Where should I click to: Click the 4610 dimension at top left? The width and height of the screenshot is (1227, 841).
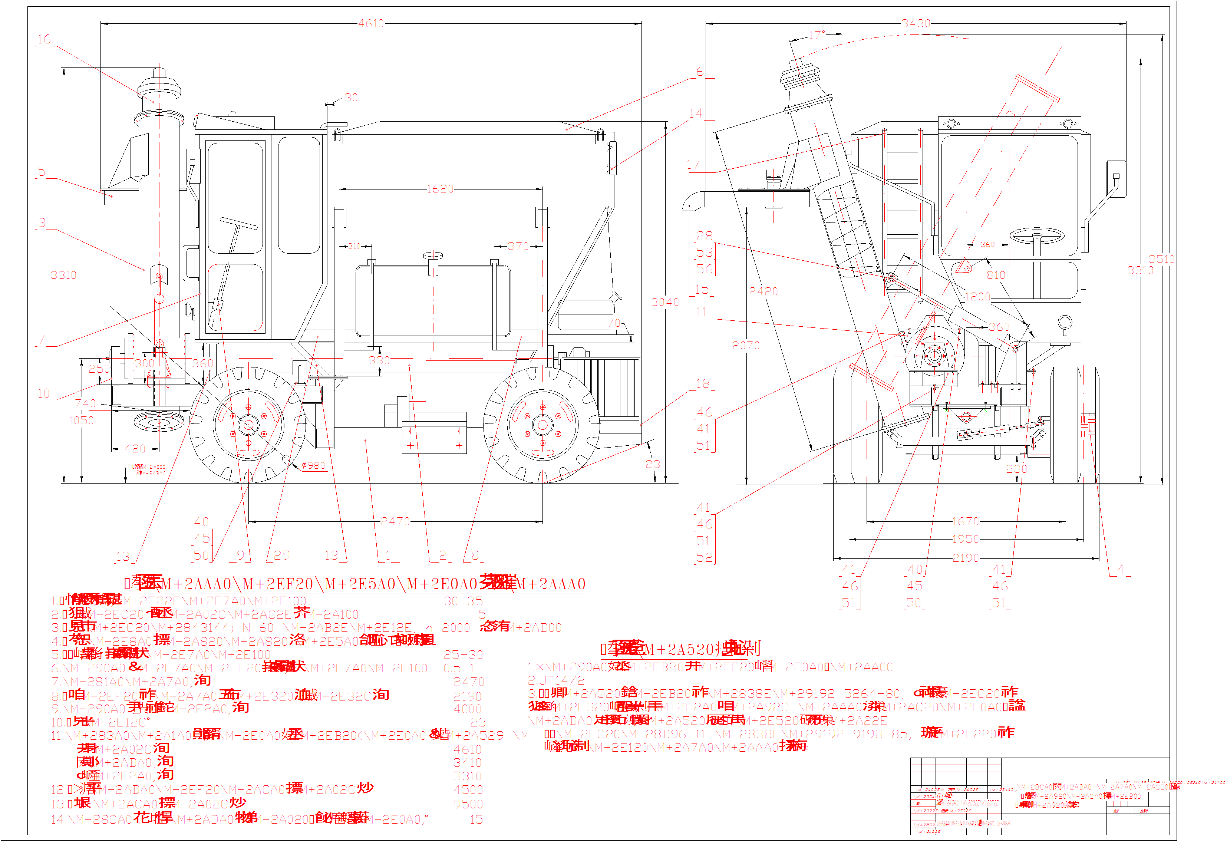point(371,23)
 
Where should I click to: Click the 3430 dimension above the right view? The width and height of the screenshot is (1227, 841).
point(916,23)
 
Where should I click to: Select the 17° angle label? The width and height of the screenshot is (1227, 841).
point(817,35)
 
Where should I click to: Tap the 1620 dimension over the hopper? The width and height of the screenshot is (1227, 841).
point(440,188)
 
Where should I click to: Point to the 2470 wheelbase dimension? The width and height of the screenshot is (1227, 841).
point(395,521)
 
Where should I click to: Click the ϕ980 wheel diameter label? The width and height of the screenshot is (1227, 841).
point(314,465)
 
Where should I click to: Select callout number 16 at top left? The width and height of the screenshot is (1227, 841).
point(44,39)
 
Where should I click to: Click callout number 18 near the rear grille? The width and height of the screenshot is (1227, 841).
point(703,384)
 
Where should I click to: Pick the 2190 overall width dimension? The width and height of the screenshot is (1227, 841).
point(966,558)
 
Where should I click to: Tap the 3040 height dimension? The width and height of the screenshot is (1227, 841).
point(665,302)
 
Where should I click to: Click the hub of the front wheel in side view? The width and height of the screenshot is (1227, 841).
point(248,425)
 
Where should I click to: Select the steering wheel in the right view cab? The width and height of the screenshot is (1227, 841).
point(1036,235)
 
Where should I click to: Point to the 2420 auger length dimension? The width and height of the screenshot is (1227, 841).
point(763,291)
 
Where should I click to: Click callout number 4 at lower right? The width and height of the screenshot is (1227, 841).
point(1120,569)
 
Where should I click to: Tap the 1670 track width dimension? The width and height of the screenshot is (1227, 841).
point(965,521)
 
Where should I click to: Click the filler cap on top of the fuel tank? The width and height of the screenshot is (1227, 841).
point(432,257)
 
